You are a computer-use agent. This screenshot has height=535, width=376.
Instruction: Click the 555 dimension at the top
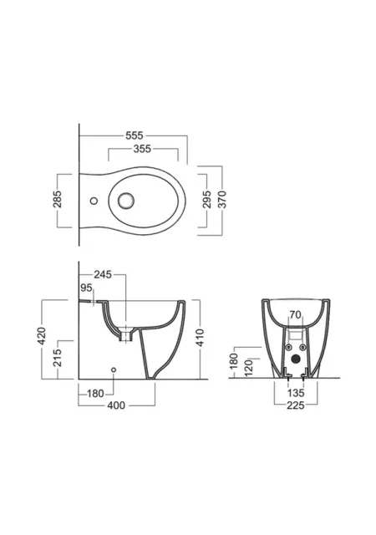point(134,135)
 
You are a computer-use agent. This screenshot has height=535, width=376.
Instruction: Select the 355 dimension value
point(142,149)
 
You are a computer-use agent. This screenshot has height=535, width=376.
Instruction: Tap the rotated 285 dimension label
point(58,199)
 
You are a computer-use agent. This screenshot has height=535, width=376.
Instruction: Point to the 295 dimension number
point(207,199)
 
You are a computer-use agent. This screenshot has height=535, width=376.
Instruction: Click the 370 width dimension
point(222,199)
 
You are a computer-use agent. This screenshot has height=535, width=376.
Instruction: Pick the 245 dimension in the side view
point(103,274)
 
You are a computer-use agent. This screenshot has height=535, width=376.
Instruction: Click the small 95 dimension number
point(86,288)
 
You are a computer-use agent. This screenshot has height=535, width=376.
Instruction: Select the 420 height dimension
point(41,336)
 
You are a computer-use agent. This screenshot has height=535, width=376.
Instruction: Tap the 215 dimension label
point(58,358)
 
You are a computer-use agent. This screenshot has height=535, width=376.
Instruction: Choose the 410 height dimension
point(201,338)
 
